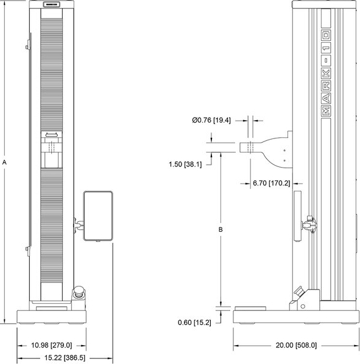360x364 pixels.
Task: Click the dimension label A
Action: (x=4, y=163)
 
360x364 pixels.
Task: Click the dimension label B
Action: (x=221, y=229)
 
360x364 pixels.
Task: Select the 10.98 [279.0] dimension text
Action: (x=52, y=345)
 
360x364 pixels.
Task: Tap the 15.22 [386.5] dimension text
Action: (x=65, y=358)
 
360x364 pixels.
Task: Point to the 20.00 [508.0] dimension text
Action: (x=296, y=345)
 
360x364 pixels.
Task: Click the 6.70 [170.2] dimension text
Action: (x=272, y=183)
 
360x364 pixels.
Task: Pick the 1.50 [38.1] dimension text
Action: (x=185, y=165)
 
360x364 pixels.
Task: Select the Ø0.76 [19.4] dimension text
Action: (x=211, y=120)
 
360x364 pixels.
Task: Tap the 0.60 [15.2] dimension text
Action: (x=194, y=323)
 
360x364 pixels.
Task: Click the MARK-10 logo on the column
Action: (x=326, y=73)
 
